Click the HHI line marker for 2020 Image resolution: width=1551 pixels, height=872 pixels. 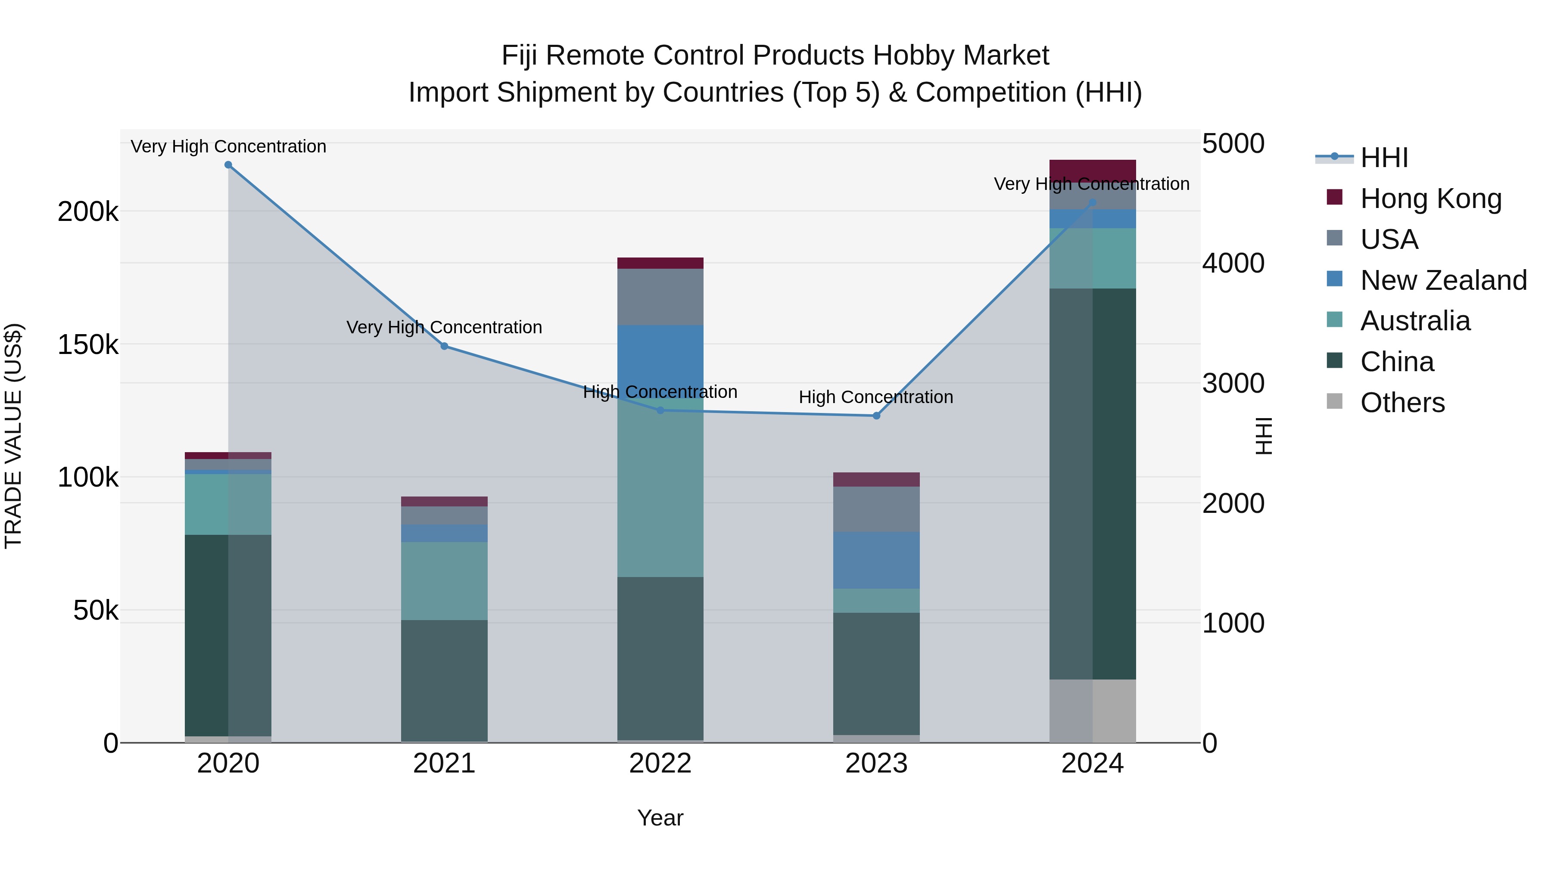[x=228, y=165]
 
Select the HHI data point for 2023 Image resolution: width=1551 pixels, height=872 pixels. [x=876, y=416]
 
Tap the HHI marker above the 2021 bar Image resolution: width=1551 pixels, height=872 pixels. [x=444, y=346]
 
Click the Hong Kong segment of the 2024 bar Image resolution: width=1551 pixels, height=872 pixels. [x=1092, y=171]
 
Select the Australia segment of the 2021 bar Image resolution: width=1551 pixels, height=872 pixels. [x=444, y=581]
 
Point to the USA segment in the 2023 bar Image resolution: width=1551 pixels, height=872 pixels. [x=876, y=509]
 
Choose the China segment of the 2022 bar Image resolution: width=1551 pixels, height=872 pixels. [x=660, y=658]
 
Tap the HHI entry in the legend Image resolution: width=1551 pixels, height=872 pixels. [x=1383, y=158]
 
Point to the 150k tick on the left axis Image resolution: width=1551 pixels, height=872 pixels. [x=88, y=345]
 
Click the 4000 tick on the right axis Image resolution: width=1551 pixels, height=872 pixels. [x=1233, y=264]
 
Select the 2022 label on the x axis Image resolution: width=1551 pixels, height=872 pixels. [x=660, y=763]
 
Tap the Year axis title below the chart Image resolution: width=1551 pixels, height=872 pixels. [x=660, y=818]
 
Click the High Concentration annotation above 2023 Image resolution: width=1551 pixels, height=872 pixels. [x=875, y=397]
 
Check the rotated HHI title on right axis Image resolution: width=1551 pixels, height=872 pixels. [x=1263, y=436]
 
